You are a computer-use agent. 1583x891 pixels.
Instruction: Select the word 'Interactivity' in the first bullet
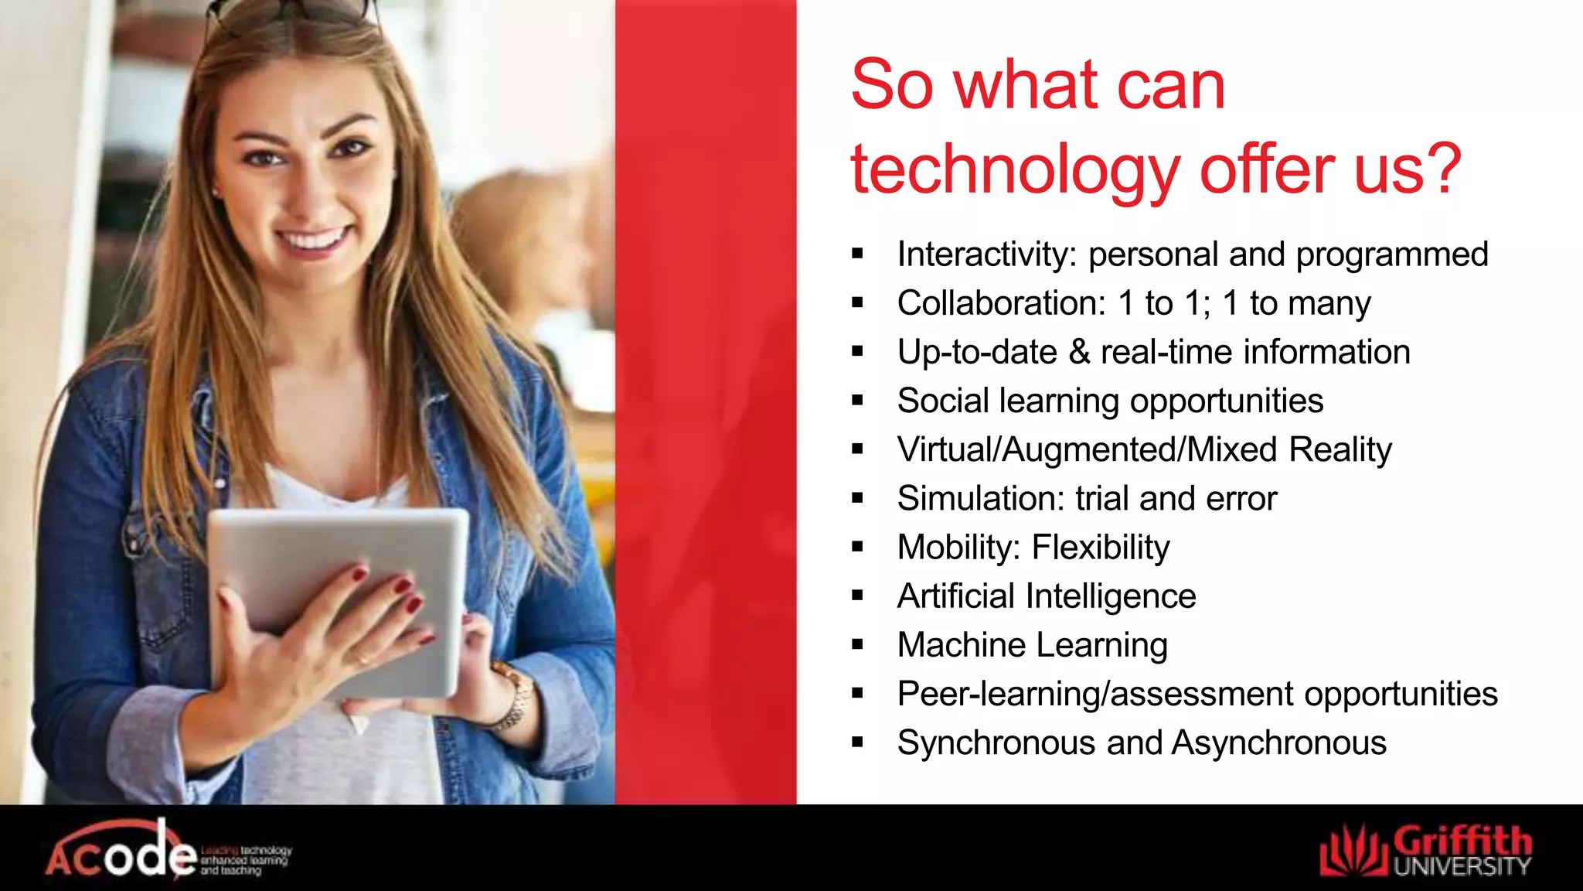pyautogui.click(x=986, y=254)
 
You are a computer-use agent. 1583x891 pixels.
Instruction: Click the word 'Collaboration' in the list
pyautogui.click(x=1001, y=303)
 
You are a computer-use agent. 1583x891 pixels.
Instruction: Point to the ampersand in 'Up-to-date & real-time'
pyautogui.click(x=1079, y=352)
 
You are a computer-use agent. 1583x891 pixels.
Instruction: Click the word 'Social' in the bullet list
pyautogui.click(x=942, y=401)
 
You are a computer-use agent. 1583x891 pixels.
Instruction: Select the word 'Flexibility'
pyautogui.click(x=1101, y=548)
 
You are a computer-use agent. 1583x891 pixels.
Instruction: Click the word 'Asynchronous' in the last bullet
pyautogui.click(x=1278, y=742)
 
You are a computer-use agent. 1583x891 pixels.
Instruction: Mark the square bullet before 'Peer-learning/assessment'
pyautogui.click(x=857, y=694)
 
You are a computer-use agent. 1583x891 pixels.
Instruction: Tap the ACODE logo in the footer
pyautogui.click(x=166, y=851)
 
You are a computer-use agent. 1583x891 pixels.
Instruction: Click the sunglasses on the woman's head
pyautogui.click(x=294, y=15)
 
